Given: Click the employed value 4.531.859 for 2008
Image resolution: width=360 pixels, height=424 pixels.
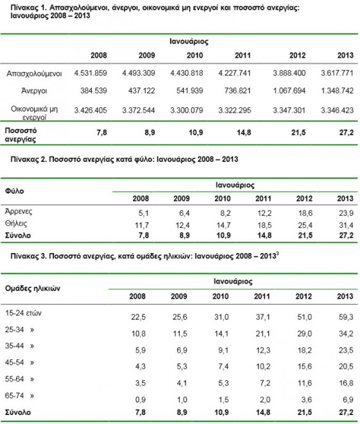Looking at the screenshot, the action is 90,73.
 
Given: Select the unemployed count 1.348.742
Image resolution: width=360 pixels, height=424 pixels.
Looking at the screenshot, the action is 337,91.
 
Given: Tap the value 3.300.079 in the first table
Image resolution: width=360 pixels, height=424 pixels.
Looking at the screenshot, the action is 187,110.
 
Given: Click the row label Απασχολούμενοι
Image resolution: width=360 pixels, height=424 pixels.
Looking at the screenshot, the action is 34,73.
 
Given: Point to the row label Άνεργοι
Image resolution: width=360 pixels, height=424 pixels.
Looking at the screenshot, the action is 34,91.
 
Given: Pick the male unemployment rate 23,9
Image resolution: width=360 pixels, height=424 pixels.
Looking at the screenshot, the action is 347,213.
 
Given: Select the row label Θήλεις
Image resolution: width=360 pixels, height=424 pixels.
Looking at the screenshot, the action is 16,224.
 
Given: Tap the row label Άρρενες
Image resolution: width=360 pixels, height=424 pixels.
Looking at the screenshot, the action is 19,211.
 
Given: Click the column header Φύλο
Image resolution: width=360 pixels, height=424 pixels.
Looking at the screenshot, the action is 15,191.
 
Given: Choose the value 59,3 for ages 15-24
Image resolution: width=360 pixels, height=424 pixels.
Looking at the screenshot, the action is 346,317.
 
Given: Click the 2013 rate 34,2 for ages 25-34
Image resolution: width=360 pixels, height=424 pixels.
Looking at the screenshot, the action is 346,333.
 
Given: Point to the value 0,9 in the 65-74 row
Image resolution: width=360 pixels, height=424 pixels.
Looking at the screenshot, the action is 140,400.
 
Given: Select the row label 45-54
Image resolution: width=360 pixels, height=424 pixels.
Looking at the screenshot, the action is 15,362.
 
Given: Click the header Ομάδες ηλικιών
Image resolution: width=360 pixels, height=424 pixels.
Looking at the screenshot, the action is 33,288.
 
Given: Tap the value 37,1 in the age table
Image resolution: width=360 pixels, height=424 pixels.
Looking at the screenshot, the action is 262,317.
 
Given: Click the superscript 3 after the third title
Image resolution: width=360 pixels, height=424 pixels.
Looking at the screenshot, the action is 277,253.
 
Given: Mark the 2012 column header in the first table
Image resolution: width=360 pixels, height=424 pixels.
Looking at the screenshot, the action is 297,55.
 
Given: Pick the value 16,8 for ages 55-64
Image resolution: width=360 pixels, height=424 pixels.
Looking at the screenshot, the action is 346,383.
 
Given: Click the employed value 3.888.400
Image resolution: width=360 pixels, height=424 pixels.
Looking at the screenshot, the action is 289,73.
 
